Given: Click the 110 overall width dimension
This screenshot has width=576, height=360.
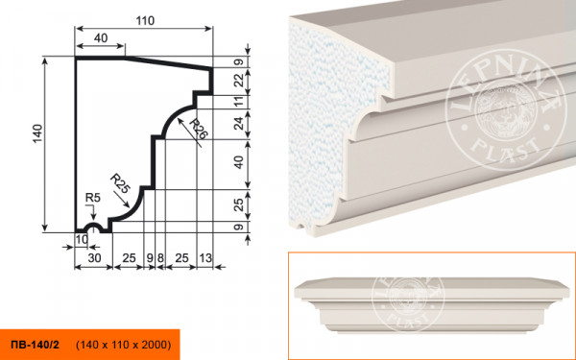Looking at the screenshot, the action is pyautogui.click(x=145, y=21).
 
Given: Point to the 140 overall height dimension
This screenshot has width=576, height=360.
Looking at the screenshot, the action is pyautogui.click(x=37, y=133).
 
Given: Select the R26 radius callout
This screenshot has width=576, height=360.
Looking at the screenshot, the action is pyautogui.click(x=199, y=129).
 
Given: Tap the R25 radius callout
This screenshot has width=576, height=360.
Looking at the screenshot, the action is pyautogui.click(x=120, y=183).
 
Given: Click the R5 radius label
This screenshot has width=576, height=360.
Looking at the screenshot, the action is pyautogui.click(x=92, y=198).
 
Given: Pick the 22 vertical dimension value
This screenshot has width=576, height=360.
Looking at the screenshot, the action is pyautogui.click(x=239, y=81).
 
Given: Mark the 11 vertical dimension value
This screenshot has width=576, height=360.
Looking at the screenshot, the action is pyautogui.click(x=239, y=102).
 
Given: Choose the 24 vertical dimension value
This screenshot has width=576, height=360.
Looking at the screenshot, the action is pyautogui.click(x=239, y=123).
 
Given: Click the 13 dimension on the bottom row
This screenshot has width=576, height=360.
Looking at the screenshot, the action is pyautogui.click(x=205, y=258).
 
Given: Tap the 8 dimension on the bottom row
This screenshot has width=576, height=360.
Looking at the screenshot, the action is pyautogui.click(x=160, y=258).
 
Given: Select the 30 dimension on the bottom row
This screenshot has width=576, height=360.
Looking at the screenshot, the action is pyautogui.click(x=94, y=258).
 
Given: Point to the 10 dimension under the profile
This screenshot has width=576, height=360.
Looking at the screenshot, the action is pyautogui.click(x=82, y=239).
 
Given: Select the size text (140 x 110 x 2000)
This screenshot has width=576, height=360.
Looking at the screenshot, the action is pyautogui.click(x=124, y=345).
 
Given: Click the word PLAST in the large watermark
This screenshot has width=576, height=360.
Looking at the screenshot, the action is pyautogui.click(x=506, y=146).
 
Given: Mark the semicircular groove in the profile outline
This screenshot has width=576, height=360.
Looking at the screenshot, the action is pyautogui.click(x=92, y=225).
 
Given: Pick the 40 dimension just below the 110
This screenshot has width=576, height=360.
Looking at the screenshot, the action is pyautogui.click(x=100, y=37).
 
